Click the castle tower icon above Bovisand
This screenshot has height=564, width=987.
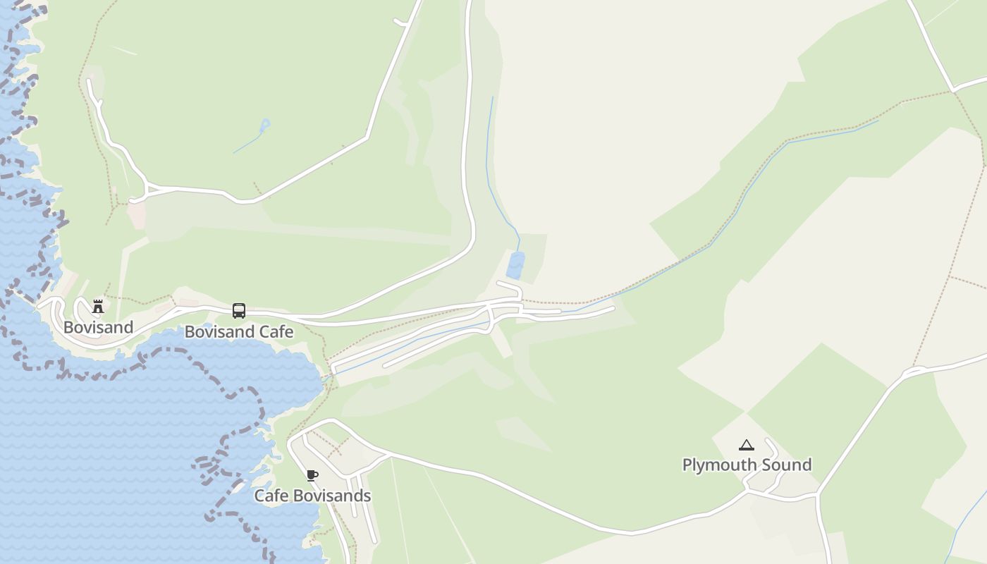(x=98, y=307)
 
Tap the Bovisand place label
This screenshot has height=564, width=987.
(x=98, y=327)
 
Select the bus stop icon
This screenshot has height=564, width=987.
(x=239, y=311)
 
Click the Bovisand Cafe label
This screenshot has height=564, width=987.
(x=239, y=331)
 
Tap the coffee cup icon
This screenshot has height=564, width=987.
(x=312, y=476)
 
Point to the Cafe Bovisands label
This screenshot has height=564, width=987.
(x=312, y=496)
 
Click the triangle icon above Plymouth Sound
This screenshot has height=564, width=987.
(x=747, y=445)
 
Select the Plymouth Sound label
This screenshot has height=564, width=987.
(x=747, y=465)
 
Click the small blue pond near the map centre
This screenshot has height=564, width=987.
(x=516, y=265)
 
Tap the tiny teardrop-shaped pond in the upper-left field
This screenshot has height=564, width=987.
(x=265, y=125)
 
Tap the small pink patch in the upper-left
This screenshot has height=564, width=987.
(x=136, y=215)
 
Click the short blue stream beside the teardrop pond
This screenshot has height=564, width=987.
(x=247, y=144)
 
